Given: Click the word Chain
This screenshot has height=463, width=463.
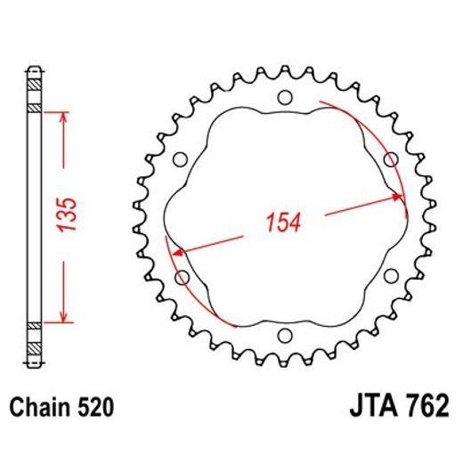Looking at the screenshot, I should click(38, 409).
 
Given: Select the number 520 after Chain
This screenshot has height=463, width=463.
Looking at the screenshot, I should click(93, 409).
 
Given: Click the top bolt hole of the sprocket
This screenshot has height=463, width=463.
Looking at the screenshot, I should click(285, 97).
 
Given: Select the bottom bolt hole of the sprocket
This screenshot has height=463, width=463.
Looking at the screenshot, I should click(285, 336).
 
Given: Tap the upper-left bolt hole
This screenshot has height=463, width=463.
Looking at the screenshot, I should click(181, 159).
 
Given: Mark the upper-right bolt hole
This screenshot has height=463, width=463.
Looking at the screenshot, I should click(389, 158).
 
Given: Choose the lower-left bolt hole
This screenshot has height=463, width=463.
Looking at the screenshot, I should click(183, 278).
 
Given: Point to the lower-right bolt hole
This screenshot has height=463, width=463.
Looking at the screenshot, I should click(389, 276).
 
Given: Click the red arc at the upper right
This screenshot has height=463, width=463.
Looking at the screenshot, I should click(374, 134).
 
